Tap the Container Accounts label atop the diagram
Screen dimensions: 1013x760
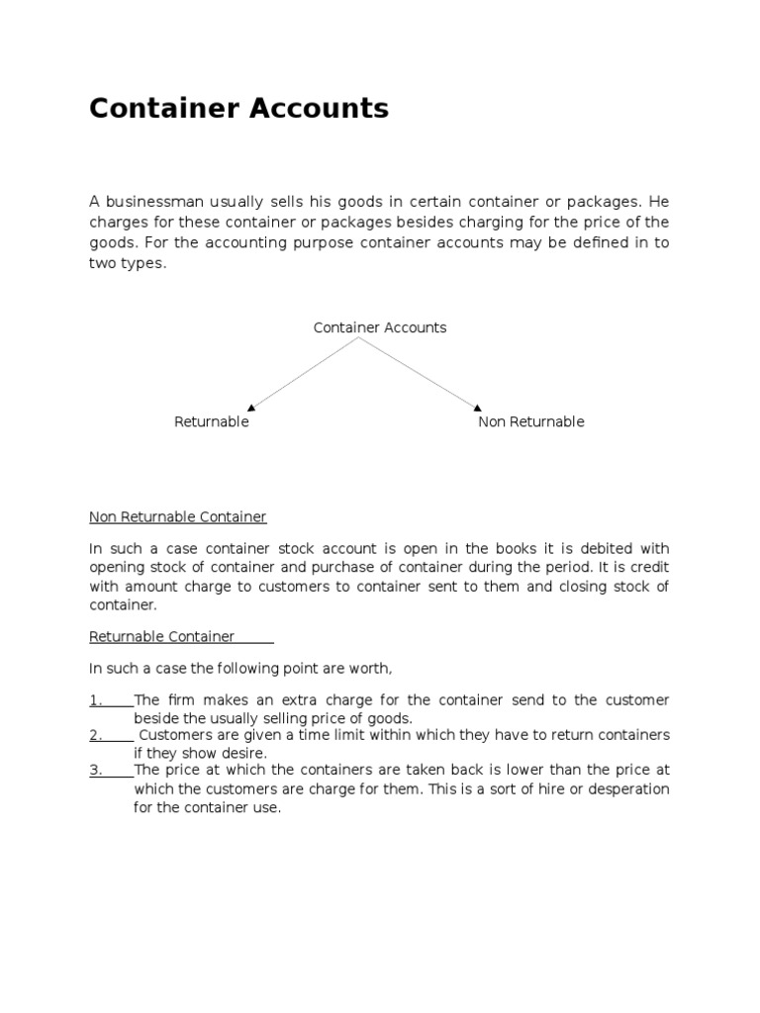click(380, 327)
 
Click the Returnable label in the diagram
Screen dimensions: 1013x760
click(212, 421)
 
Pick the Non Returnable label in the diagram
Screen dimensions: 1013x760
click(531, 421)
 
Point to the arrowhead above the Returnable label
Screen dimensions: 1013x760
click(251, 407)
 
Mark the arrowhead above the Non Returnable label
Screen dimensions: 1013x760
click(478, 406)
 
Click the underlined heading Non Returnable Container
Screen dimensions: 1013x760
click(178, 516)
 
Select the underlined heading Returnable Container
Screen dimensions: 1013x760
click(162, 636)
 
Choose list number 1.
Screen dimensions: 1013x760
click(96, 700)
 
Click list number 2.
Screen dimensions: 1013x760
click(96, 735)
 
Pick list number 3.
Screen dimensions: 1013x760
click(96, 770)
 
